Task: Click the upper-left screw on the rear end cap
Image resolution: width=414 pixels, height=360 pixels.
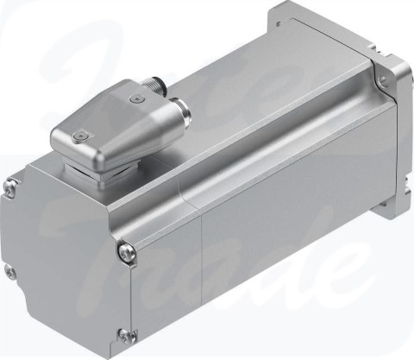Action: coord(11,182)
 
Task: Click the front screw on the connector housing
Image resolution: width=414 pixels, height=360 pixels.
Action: coord(78,135)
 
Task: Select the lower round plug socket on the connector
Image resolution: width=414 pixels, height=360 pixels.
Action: coord(185,109)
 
